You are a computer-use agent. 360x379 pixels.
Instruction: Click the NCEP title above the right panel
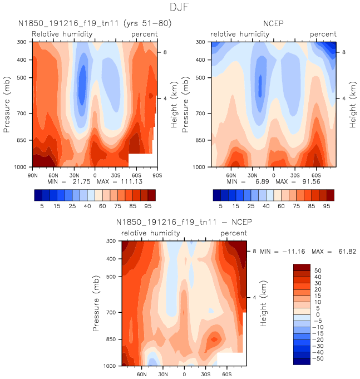click(x=273, y=24)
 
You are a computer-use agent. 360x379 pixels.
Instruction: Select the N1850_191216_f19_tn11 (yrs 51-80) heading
click(x=94, y=24)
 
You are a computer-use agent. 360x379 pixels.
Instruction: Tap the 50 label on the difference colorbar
click(x=317, y=270)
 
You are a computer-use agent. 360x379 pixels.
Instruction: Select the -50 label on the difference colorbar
click(x=315, y=359)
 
